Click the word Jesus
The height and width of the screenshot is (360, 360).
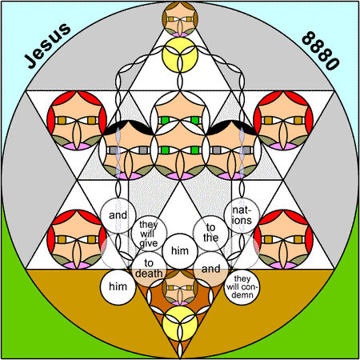47,46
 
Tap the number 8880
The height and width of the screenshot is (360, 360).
320,50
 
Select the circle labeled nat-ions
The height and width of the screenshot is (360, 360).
242,215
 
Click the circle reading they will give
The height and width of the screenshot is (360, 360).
149,234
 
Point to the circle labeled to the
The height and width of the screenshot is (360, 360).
210,233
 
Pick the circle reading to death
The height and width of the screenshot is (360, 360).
149,269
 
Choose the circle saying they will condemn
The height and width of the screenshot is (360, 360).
242,287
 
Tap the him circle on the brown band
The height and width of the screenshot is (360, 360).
118,287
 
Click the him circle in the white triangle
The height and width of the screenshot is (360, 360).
180,251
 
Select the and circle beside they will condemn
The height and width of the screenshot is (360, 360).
210,269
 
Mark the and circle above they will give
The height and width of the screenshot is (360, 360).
118,215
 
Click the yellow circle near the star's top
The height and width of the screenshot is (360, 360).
180,55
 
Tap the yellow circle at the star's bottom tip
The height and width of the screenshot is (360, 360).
180,323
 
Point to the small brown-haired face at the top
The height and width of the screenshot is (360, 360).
180,19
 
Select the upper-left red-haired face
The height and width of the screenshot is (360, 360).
77,121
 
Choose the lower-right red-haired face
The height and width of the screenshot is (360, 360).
283,239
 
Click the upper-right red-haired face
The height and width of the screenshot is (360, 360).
283,121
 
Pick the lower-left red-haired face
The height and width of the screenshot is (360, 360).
77,239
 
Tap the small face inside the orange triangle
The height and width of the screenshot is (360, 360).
180,288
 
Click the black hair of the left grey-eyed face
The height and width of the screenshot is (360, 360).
128,126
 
